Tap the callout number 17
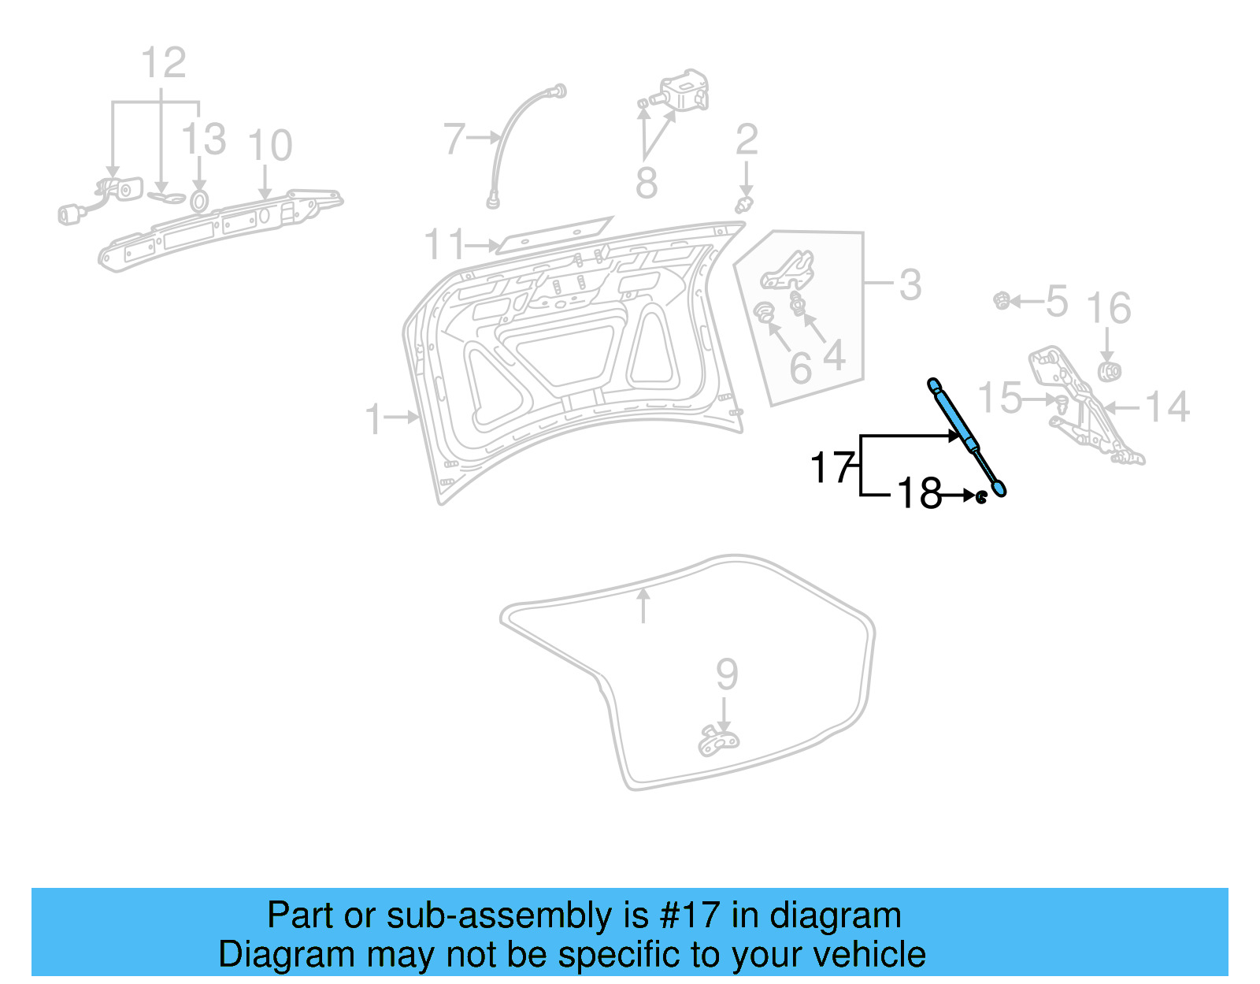click(832, 468)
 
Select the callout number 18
click(919, 494)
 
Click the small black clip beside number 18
click(981, 497)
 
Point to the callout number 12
click(163, 63)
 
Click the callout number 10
click(269, 146)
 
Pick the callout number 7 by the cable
click(454, 139)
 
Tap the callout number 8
click(646, 184)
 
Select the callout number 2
click(746, 140)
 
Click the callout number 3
click(910, 284)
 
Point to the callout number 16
click(1108, 308)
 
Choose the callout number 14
click(1166, 407)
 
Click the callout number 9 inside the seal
click(726, 674)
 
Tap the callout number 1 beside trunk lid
click(373, 418)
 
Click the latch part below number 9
click(718, 741)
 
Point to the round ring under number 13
click(199, 201)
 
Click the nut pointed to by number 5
click(1002, 300)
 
